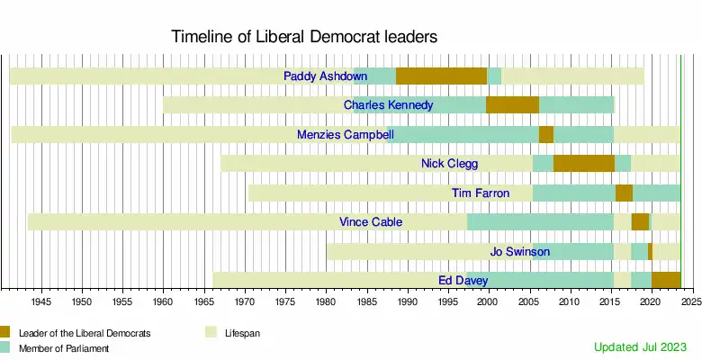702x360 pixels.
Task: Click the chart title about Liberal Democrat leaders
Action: point(304,38)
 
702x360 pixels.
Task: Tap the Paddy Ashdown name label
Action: point(325,76)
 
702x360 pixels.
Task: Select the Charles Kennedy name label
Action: point(388,105)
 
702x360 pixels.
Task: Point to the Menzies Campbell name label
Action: point(345,135)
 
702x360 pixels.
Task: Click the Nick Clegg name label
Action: point(449,164)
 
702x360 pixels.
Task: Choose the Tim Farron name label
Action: point(480,193)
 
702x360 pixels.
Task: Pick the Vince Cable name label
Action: point(370,222)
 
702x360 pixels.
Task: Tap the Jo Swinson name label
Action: point(519,252)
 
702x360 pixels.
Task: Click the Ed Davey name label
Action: point(463,281)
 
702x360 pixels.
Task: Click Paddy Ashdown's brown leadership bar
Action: point(441,76)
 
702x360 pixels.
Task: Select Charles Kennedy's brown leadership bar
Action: point(512,105)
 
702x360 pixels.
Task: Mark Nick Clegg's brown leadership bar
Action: point(583,164)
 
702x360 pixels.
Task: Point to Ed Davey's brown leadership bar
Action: point(665,281)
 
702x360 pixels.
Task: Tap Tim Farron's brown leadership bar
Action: point(624,193)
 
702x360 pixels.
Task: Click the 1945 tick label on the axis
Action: point(41,301)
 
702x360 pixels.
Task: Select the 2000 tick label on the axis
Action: point(488,301)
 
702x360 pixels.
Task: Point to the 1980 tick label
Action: point(326,301)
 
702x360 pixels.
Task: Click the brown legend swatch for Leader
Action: point(4,332)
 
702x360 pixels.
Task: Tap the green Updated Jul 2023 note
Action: point(640,346)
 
